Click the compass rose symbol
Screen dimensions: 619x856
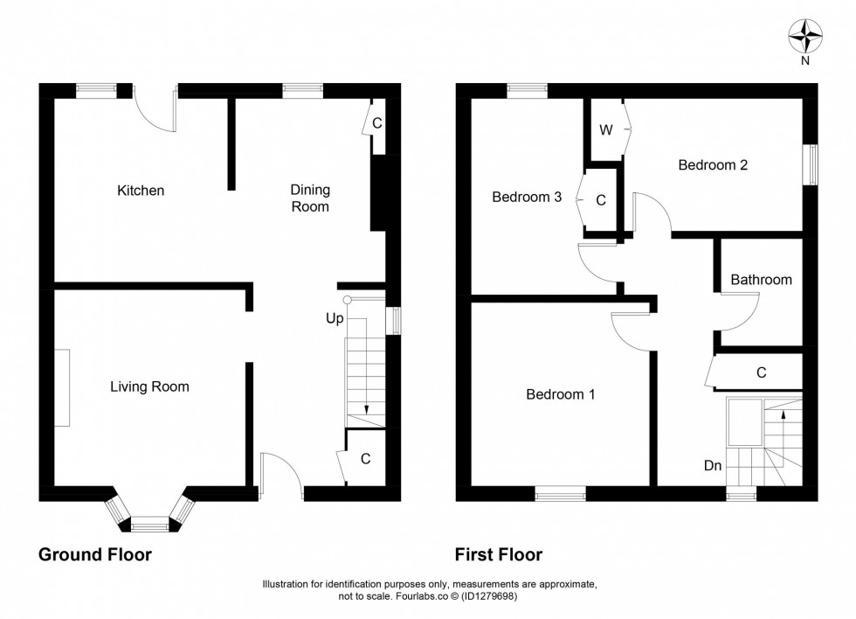point(806,38)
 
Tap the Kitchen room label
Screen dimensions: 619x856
point(141,191)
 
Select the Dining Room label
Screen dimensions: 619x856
point(310,198)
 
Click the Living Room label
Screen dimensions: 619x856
point(149,386)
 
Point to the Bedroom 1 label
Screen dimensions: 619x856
point(560,394)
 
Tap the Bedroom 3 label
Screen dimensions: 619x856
point(527,198)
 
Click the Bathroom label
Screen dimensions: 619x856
point(761,280)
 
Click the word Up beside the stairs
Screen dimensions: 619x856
point(335,319)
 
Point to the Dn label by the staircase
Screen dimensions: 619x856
point(713,466)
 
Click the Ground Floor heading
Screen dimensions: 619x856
point(95,554)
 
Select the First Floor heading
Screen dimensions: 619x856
point(498,554)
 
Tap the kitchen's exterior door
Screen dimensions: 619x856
point(157,109)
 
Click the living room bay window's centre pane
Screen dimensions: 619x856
point(149,525)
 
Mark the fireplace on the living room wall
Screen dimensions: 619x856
point(62,387)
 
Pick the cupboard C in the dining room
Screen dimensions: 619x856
point(376,123)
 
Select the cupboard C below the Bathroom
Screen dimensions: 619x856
point(760,372)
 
